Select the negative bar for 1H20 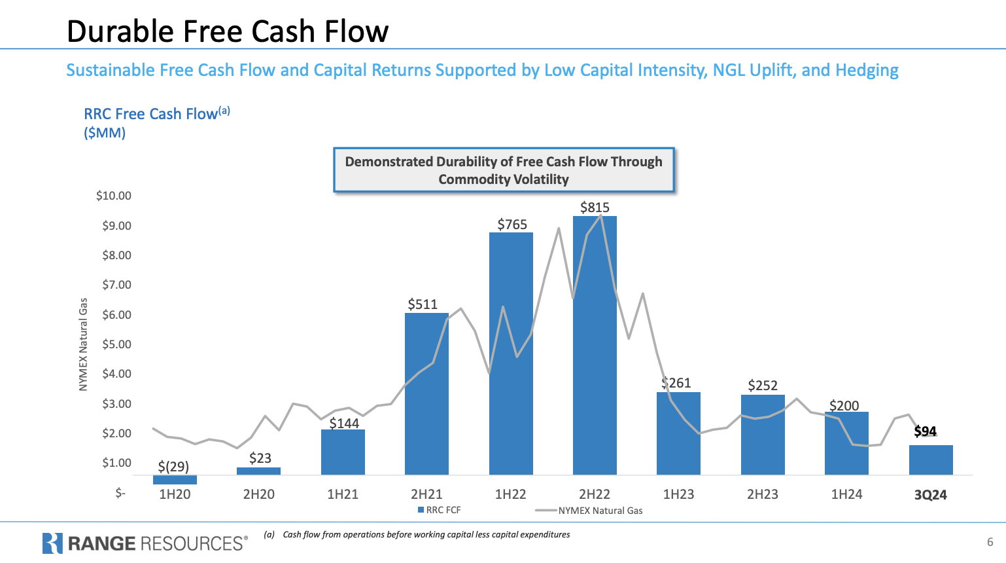(x=175, y=480)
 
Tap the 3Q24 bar (x=930, y=460)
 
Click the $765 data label (x=512, y=225)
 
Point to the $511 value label (x=423, y=304)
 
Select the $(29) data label (x=173, y=466)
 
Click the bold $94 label (x=925, y=431)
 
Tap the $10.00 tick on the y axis (x=114, y=196)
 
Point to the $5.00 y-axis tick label (x=116, y=344)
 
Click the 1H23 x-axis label (x=678, y=494)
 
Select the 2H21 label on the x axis (x=426, y=494)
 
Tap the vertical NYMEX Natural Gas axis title (x=83, y=344)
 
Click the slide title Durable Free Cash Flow (x=228, y=31)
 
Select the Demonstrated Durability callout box (x=504, y=170)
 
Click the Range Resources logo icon (x=52, y=543)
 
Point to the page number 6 (x=990, y=542)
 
